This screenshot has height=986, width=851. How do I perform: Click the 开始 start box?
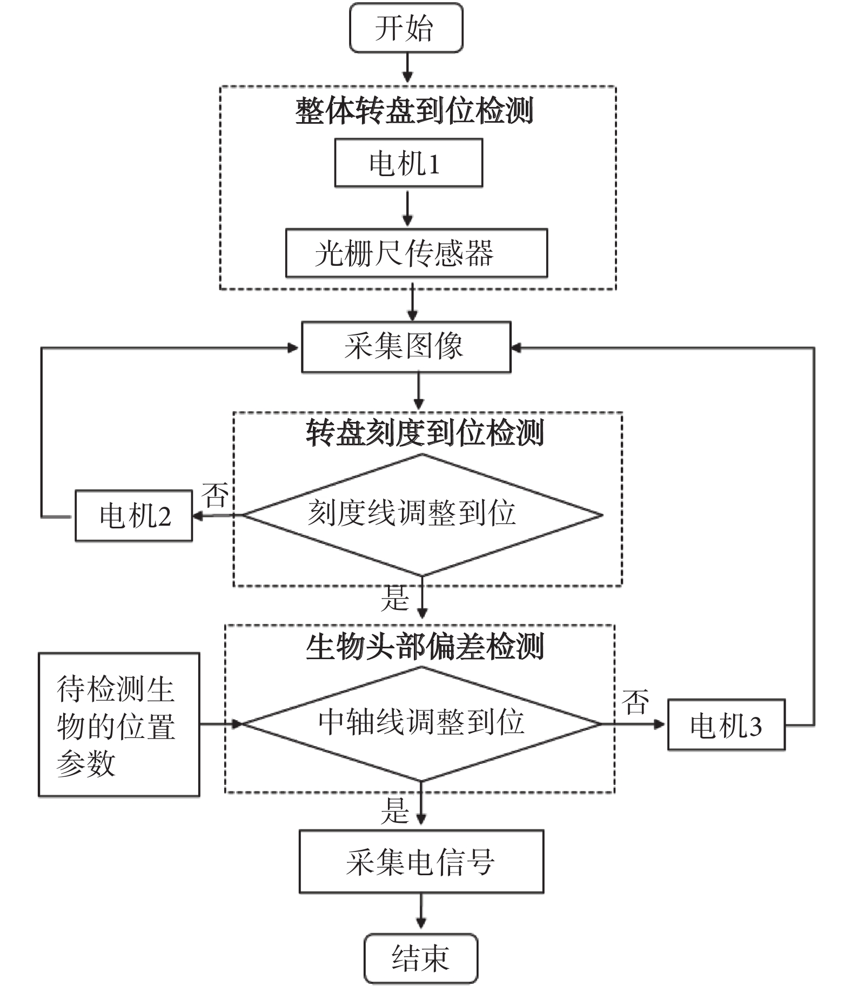[x=406, y=28]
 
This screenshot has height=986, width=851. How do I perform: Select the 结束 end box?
[x=420, y=958]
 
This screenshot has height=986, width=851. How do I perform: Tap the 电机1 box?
[x=408, y=163]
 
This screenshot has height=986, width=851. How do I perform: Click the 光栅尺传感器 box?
[x=416, y=253]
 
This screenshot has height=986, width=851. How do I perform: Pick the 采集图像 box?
[x=405, y=347]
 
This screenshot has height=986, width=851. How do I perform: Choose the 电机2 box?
[x=133, y=515]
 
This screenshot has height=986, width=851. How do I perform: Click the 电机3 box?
[x=726, y=725]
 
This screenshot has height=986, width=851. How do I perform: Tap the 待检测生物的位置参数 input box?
[x=118, y=725]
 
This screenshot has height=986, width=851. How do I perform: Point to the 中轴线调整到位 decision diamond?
[x=421, y=723]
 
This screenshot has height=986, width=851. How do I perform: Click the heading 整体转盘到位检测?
[x=414, y=111]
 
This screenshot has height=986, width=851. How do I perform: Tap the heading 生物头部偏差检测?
[x=425, y=647]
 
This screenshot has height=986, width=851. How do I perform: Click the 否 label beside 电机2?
[x=215, y=494]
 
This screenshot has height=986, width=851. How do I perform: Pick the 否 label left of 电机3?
[x=635, y=702]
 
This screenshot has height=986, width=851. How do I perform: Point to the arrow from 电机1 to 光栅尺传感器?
[x=408, y=207]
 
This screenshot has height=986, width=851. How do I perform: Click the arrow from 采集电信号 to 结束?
[x=421, y=913]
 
